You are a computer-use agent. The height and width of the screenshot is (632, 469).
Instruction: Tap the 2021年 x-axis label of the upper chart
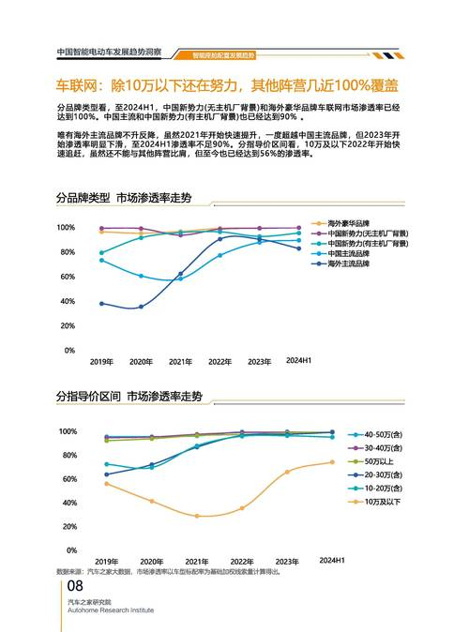(x=180, y=361)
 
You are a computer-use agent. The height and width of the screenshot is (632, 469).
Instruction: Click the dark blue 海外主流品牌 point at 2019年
(x=101, y=303)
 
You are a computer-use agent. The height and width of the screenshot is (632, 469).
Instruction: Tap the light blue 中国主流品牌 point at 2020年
(x=141, y=276)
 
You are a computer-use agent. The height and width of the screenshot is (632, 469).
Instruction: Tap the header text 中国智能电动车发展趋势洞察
(x=109, y=53)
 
